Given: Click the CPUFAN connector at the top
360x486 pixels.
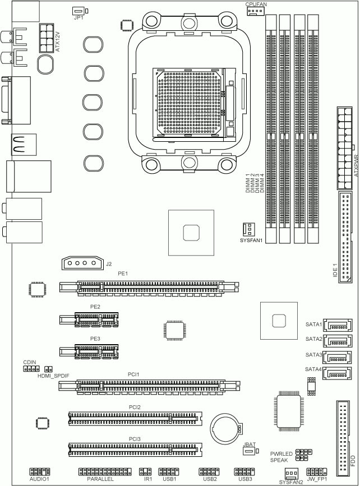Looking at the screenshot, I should coord(256,11).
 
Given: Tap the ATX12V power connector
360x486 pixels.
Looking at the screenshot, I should coord(46,38).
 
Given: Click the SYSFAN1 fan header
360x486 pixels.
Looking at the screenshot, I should coord(247,230).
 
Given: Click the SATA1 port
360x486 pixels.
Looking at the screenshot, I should coord(338,326).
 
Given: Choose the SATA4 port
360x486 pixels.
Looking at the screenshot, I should coord(338,372).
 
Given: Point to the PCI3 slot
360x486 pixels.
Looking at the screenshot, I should coord(133,449).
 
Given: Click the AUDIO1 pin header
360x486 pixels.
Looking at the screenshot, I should coord(40,471).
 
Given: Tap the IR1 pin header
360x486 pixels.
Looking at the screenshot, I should coord(146,471).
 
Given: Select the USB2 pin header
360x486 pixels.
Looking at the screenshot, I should coord(209,471).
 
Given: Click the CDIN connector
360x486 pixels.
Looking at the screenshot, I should coord(30,369).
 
